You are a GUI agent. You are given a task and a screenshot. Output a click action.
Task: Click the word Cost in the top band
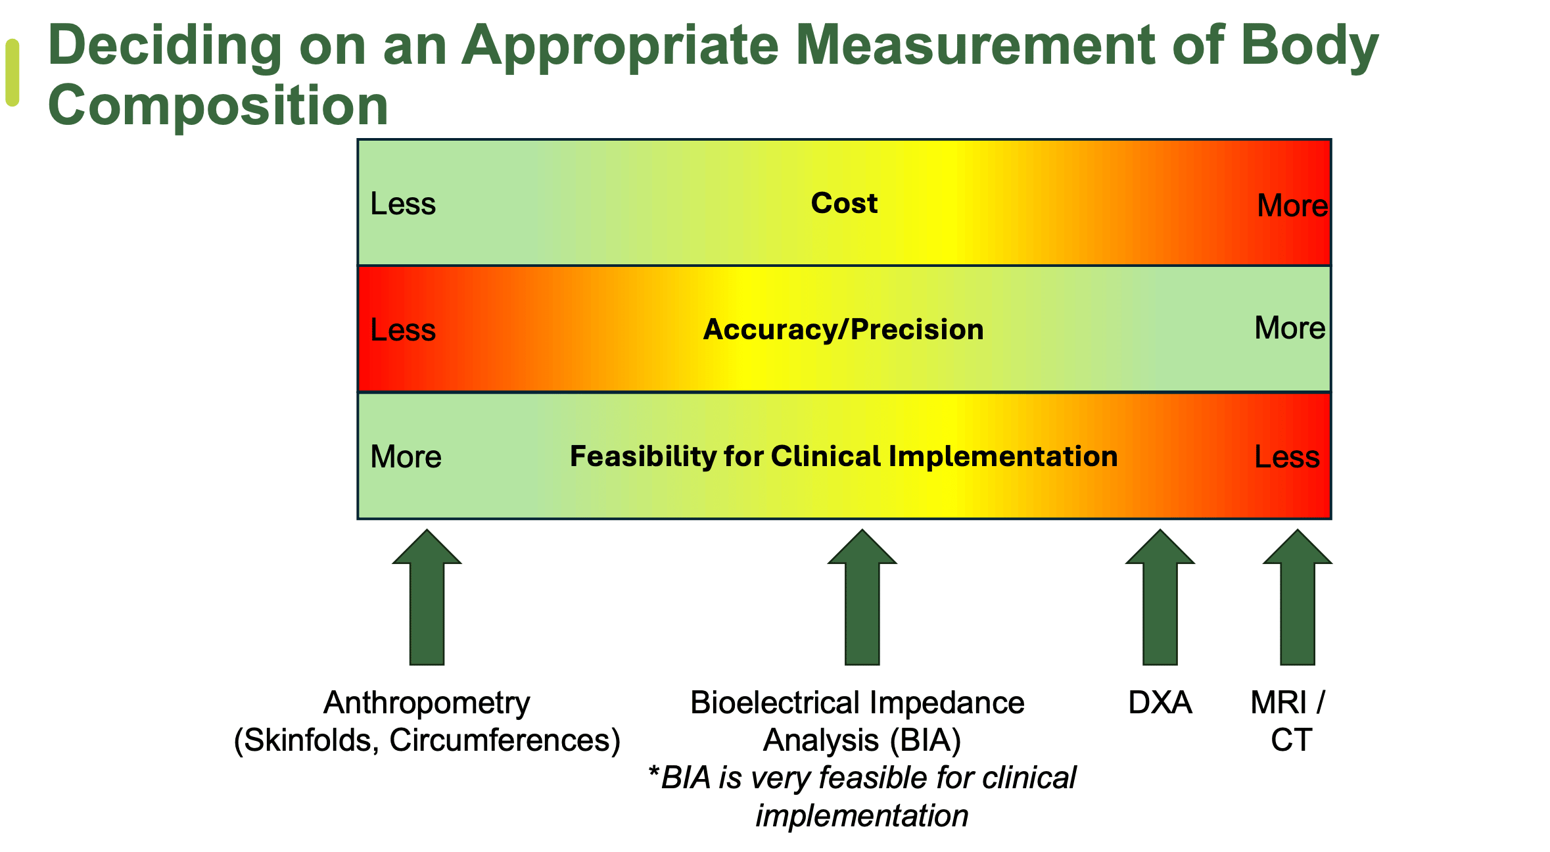tap(844, 203)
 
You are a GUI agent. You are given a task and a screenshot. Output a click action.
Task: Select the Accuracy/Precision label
tap(843, 329)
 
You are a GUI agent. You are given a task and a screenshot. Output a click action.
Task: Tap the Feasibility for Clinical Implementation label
tap(843, 456)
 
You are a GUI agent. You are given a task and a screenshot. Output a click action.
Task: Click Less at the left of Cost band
tap(403, 204)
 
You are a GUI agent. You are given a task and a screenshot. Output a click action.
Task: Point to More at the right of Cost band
tap(1292, 206)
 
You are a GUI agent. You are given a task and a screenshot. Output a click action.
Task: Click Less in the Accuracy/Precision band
tap(403, 330)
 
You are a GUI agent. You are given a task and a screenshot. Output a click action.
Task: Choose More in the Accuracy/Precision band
tap(1290, 328)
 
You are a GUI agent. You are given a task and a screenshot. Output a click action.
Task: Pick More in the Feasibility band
tap(406, 457)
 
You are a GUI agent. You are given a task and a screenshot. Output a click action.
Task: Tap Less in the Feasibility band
tap(1286, 457)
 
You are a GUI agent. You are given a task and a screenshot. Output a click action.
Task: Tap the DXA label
tap(1160, 703)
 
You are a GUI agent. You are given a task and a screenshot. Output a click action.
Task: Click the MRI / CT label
tap(1289, 721)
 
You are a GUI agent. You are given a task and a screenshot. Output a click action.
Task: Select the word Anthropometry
tap(427, 703)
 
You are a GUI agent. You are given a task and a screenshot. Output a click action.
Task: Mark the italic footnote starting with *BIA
tap(862, 796)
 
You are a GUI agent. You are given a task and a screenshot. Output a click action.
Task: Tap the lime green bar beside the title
tap(12, 72)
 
